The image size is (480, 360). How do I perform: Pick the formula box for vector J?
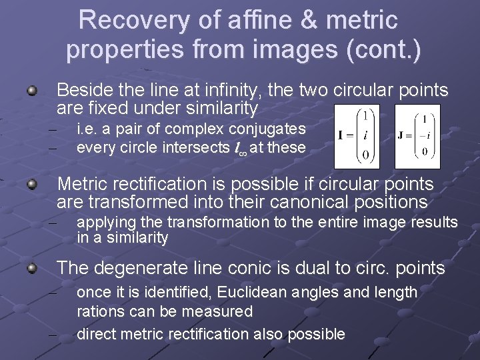pyautogui.click(x=417, y=136)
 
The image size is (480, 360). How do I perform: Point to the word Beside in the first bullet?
pyautogui.click(x=79, y=90)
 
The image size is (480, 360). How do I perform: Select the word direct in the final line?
pyautogui.click(x=95, y=334)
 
